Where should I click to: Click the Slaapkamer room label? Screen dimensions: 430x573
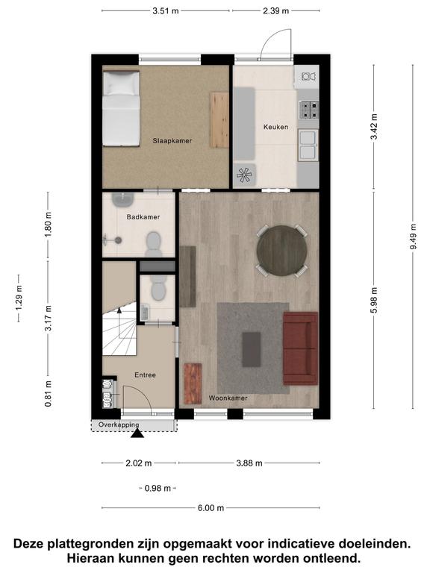pyautogui.click(x=172, y=141)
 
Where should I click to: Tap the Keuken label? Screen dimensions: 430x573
pyautogui.click(x=275, y=127)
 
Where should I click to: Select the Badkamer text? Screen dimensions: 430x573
pyautogui.click(x=143, y=217)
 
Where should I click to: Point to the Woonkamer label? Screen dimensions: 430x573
pyautogui.click(x=228, y=398)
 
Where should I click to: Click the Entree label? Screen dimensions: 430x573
pyautogui.click(x=145, y=375)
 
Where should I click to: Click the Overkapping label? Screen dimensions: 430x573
pyautogui.click(x=119, y=425)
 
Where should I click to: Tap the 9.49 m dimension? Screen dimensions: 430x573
pyautogui.click(x=413, y=237)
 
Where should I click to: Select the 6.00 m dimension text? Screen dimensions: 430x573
pyautogui.click(x=211, y=508)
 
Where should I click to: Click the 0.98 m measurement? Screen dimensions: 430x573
pyautogui.click(x=158, y=488)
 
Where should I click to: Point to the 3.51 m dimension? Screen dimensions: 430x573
pyautogui.click(x=166, y=10)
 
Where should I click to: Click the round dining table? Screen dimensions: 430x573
pyautogui.click(x=281, y=251)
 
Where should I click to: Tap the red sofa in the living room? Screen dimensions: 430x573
pyautogui.click(x=301, y=348)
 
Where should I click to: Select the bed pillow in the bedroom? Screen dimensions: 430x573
pyautogui.click(x=121, y=84)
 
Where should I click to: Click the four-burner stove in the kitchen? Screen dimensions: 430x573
pyautogui.click(x=309, y=110)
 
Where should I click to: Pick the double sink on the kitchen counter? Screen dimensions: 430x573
pyautogui.click(x=308, y=145)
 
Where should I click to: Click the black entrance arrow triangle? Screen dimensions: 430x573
pyautogui.click(x=137, y=433)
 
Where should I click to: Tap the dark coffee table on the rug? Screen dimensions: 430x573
pyautogui.click(x=252, y=349)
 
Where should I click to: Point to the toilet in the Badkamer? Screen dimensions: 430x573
pyautogui.click(x=154, y=243)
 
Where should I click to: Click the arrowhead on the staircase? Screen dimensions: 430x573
pyautogui.click(x=119, y=310)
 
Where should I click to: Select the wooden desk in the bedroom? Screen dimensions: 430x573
pyautogui.click(x=219, y=120)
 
